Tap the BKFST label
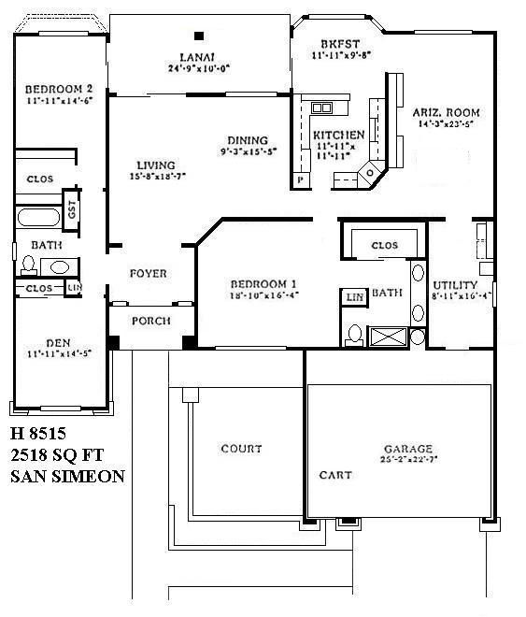[333, 44]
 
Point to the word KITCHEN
[338, 136]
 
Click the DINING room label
[245, 141]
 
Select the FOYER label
[149, 274]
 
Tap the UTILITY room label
[455, 285]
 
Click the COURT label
[241, 449]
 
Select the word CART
[334, 475]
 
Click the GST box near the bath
[71, 208]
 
